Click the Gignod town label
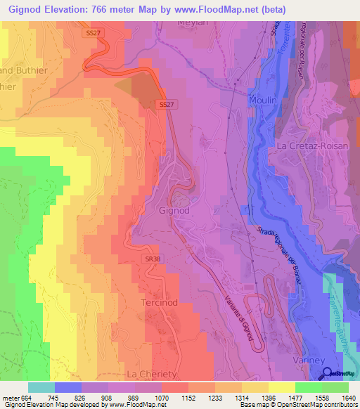coord(174,210)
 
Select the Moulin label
coord(264,101)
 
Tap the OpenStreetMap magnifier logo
coord(328,373)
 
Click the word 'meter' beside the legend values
coord(10,398)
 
